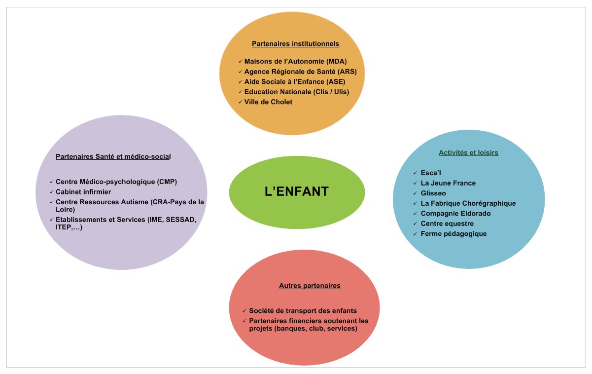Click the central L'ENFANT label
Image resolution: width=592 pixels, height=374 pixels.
point(297,191)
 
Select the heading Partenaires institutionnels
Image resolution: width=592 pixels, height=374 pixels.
point(295,43)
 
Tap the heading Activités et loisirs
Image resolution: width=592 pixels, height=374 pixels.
point(469,152)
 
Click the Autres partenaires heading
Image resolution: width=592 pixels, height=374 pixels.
point(310,286)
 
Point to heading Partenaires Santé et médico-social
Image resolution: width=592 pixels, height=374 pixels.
point(113,156)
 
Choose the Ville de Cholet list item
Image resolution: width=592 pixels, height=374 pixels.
point(268,102)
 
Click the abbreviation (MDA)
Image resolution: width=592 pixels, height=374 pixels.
point(337,61)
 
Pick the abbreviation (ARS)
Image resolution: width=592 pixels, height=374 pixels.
point(347,72)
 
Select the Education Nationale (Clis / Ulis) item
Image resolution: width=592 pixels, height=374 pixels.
point(297,92)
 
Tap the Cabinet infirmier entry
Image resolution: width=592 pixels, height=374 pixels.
point(83,192)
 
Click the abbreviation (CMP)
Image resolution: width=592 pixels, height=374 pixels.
point(167,182)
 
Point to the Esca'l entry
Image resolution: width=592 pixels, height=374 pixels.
point(431,173)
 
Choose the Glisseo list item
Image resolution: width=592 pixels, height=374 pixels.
point(433,193)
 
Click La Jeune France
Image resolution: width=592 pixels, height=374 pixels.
point(448,183)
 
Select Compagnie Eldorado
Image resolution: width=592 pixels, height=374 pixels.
point(455,214)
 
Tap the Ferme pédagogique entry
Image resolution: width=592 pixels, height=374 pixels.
point(453,234)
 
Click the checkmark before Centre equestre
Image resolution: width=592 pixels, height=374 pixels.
point(415,224)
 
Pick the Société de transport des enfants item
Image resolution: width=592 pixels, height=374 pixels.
point(303,311)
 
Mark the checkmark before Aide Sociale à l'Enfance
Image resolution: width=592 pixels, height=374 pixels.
point(240,82)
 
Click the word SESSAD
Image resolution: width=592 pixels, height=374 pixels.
point(181,220)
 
